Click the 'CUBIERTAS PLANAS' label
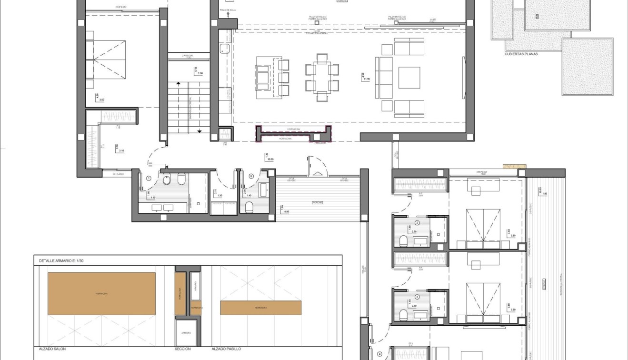pyautogui.click(x=521, y=54)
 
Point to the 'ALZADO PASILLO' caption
pyautogui.click(x=226, y=349)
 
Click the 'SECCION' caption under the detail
pyautogui.click(x=182, y=349)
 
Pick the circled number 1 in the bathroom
pyautogui.click(x=149, y=179)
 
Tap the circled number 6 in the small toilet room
pyautogui.click(x=251, y=175)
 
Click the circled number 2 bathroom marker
pyautogui.click(x=417, y=223)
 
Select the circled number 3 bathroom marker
pyautogui.click(x=417, y=297)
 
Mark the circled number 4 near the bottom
pyautogui.click(x=379, y=354)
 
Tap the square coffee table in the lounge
pyautogui.click(x=409, y=78)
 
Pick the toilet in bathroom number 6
pyautogui.click(x=249, y=207)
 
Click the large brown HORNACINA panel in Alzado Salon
pyautogui.click(x=101, y=293)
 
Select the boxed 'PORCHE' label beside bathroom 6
pyautogui.click(x=318, y=202)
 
